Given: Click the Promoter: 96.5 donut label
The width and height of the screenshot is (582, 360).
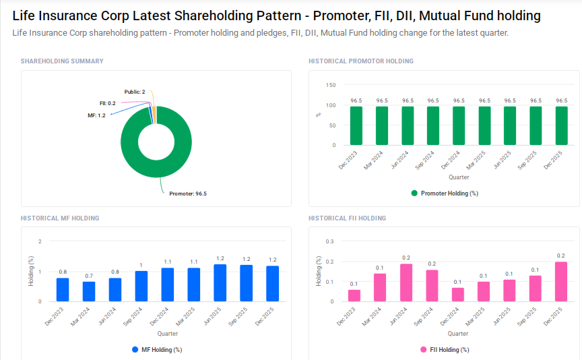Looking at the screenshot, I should click(187, 193).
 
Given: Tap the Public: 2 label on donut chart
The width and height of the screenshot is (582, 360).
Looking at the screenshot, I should click(135, 92).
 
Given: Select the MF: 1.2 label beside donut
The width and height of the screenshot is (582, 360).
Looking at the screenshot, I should click(96, 115).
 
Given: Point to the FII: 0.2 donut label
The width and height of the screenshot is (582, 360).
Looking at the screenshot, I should click(107, 103).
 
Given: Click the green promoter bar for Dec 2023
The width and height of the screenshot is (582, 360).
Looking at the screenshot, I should click(356, 125).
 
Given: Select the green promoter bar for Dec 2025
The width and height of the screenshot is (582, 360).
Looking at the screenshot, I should click(561, 125).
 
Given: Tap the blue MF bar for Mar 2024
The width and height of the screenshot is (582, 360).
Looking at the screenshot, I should click(89, 291).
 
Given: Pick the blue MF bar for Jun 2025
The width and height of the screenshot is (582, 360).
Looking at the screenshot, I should click(220, 283).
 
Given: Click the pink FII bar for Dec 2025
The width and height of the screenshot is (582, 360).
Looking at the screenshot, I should click(561, 282).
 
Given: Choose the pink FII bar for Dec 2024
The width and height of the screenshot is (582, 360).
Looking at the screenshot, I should click(458, 295).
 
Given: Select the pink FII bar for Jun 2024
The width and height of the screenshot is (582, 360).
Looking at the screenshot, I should click(406, 282).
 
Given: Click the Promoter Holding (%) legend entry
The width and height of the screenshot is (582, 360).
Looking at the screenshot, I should click(445, 193).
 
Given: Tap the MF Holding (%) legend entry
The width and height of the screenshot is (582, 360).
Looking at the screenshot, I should click(157, 350).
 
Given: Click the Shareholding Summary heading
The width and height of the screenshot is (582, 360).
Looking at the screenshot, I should click(62, 61).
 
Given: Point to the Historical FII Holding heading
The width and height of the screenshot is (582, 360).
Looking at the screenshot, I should click(347, 218).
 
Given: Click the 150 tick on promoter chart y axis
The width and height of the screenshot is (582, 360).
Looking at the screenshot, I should click(330, 85).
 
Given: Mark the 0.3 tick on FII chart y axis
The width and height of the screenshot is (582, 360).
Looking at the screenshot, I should click(329, 241).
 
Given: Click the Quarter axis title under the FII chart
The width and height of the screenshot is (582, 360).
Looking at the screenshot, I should click(458, 334).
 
